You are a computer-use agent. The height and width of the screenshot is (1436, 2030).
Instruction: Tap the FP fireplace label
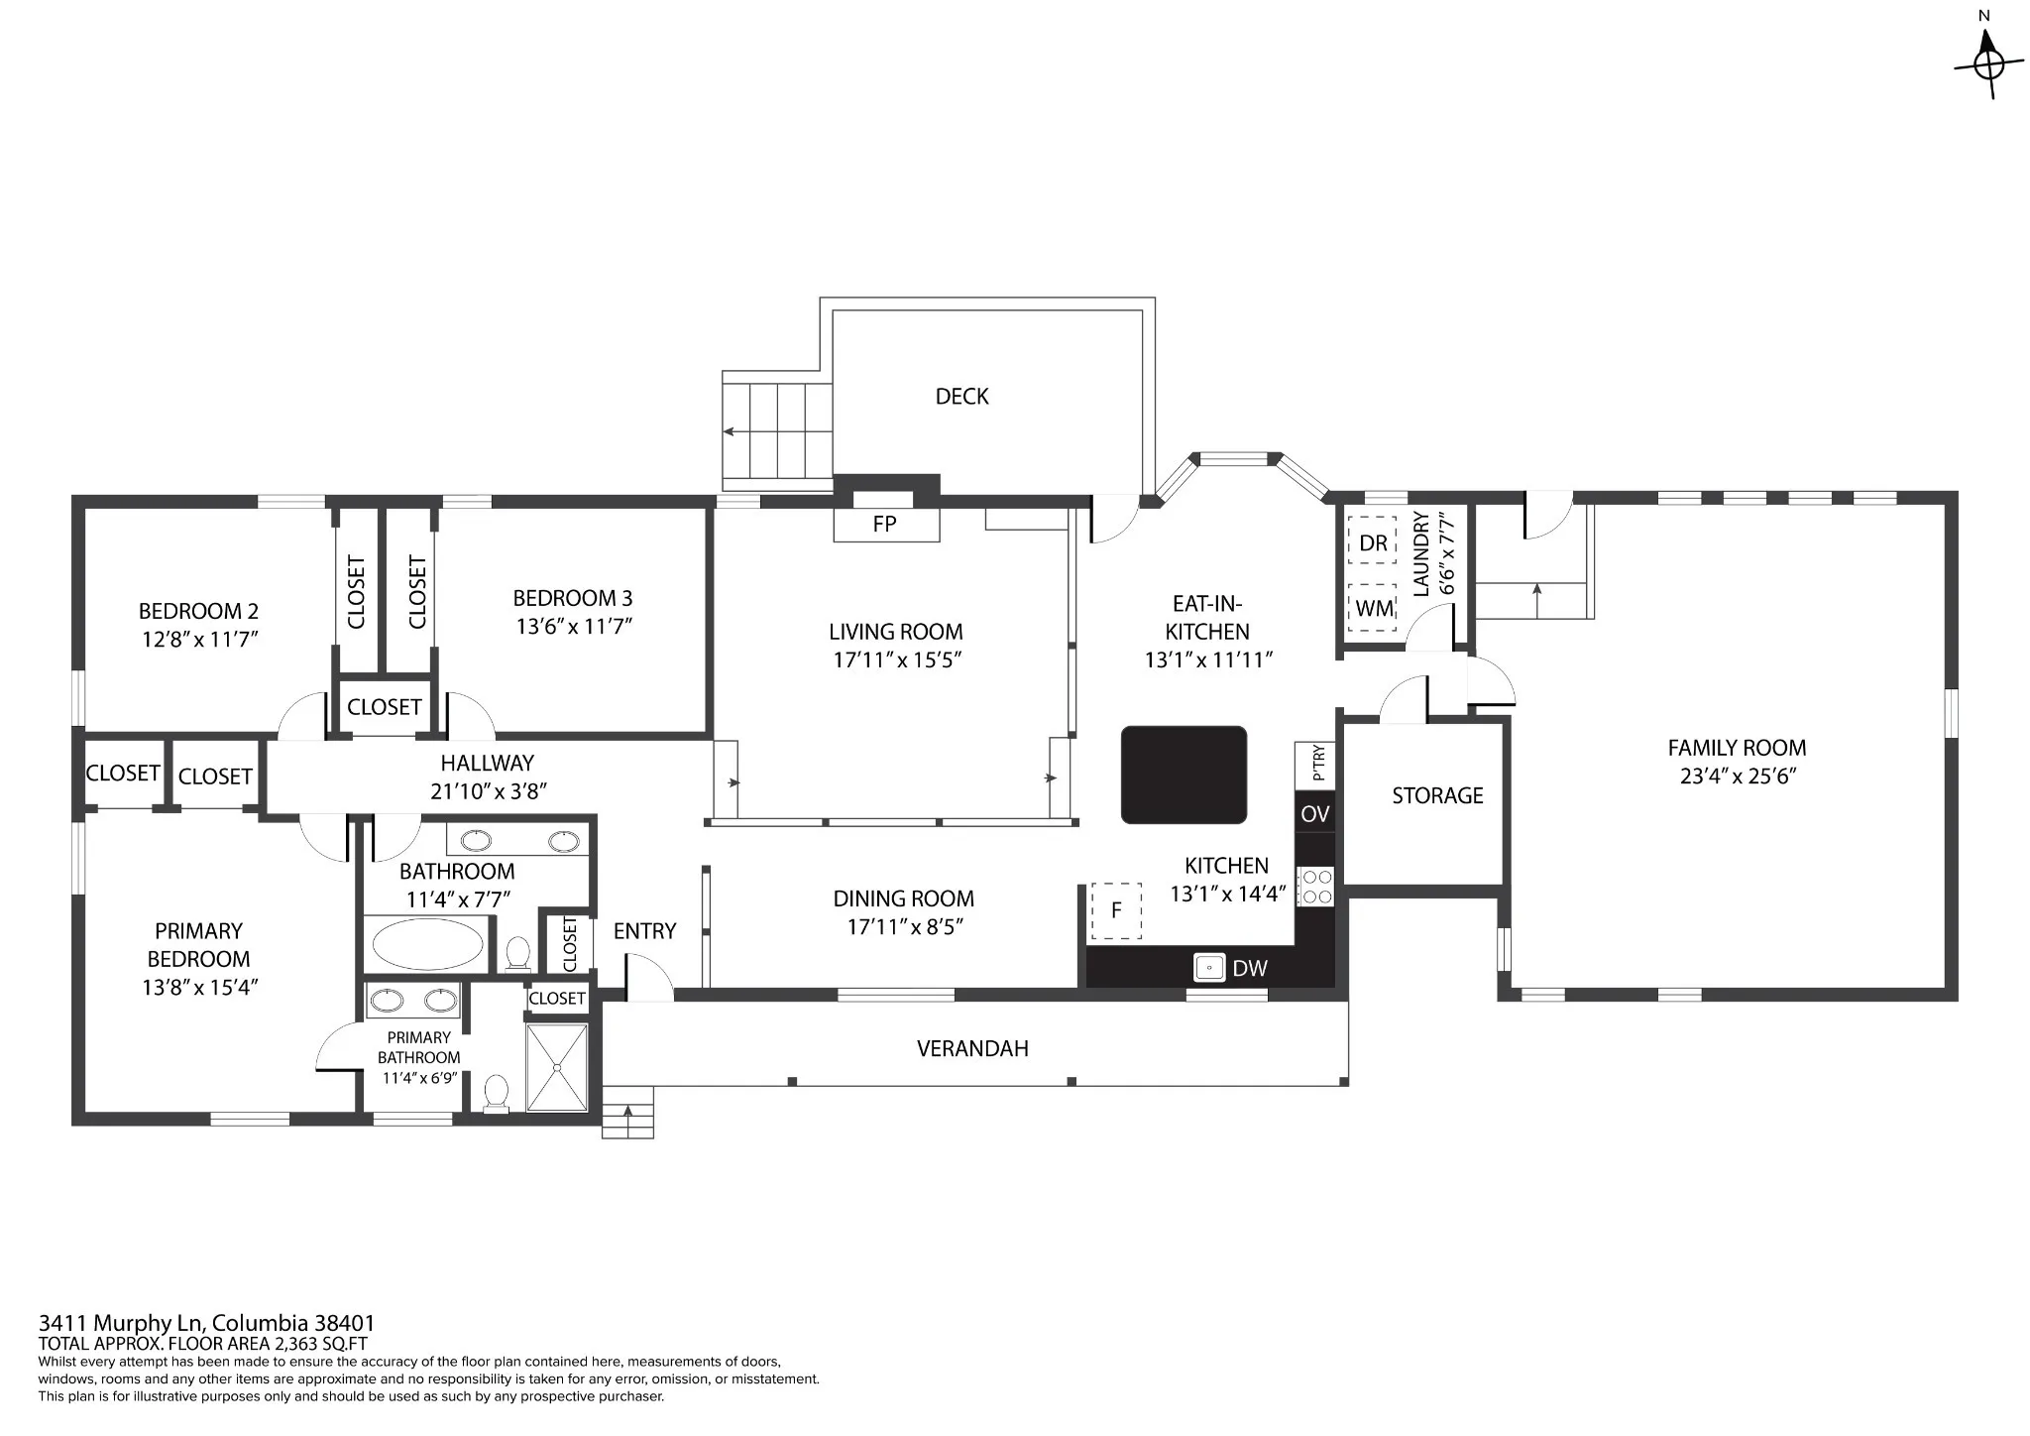(884, 524)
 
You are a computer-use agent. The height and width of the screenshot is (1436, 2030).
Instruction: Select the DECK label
(961, 397)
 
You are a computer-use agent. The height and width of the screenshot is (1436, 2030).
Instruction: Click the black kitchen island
(1184, 775)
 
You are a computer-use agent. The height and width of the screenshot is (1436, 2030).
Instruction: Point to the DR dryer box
(1373, 542)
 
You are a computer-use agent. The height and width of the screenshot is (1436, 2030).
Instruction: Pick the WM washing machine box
(1373, 608)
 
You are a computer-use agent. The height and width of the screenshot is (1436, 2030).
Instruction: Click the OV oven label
(1314, 814)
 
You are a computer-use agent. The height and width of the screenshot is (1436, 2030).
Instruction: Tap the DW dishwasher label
(1250, 968)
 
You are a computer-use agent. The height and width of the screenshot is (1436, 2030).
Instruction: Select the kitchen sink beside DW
(1209, 967)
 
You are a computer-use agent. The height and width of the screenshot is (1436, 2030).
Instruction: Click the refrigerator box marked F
(1116, 910)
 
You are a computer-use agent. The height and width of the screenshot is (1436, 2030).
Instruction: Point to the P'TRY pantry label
(1317, 763)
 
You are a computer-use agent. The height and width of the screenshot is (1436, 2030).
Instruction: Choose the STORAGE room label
(1437, 795)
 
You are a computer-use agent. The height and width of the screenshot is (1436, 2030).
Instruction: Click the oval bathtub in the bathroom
(427, 945)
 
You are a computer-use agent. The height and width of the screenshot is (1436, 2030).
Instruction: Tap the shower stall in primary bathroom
(557, 1067)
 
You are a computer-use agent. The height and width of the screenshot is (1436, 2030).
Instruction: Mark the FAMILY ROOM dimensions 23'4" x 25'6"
(1738, 776)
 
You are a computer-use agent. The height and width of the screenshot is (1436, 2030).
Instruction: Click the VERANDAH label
(972, 1048)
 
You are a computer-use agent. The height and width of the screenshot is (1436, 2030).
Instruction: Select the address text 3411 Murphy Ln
(121, 1323)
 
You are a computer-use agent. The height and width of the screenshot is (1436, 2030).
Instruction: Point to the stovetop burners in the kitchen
(1316, 887)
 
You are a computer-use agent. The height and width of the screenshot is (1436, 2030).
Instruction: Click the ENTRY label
(644, 931)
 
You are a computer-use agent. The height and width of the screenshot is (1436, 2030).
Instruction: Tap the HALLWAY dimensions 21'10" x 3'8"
(488, 790)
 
